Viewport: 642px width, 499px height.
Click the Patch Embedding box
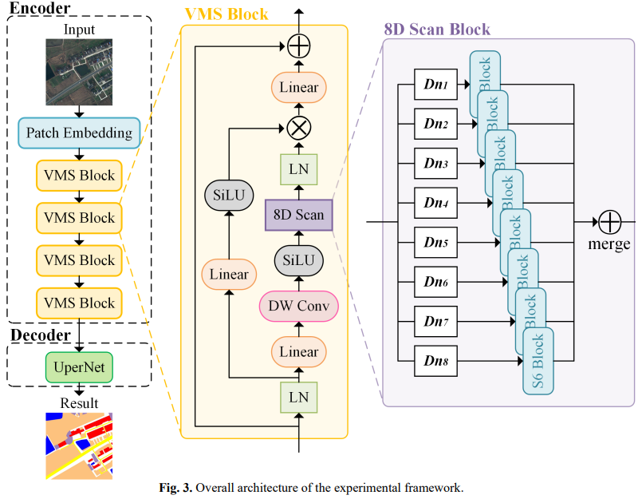79,133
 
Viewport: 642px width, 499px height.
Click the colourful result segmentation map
79,446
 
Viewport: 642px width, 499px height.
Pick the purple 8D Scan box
298,216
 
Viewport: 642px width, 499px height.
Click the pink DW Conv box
298,306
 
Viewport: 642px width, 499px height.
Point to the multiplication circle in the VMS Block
298,127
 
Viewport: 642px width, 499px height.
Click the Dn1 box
435,84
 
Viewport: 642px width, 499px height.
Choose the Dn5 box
435,242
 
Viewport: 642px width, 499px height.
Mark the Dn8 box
435,361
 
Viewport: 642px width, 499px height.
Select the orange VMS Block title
226,14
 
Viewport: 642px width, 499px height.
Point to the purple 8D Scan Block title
437,30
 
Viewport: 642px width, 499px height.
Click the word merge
609,245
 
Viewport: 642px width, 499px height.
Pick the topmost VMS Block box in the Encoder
79,175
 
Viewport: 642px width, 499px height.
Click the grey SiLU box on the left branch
229,195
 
